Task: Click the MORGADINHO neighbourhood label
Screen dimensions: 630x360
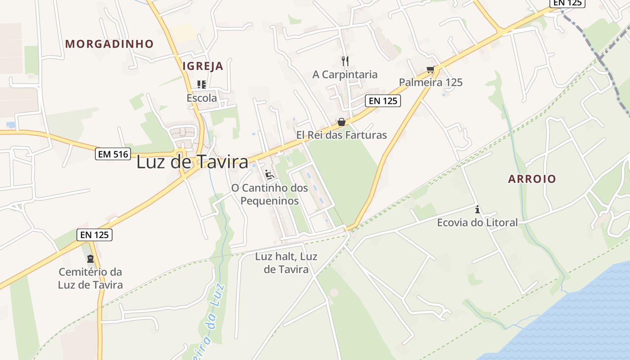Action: coord(109,44)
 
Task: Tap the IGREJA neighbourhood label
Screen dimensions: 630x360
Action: coord(202,66)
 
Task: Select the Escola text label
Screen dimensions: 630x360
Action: coord(202,98)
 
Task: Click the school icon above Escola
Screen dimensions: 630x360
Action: coord(202,84)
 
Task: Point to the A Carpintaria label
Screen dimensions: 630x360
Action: coord(345,74)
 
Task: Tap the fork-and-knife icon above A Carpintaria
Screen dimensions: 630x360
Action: coord(345,61)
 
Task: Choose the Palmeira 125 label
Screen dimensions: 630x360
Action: coord(431,82)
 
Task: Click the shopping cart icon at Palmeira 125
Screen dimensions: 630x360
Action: coord(431,69)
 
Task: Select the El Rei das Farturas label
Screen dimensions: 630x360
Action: coord(341,135)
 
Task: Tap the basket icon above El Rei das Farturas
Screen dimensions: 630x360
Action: coord(342,122)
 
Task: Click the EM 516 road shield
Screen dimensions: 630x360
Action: coord(113,154)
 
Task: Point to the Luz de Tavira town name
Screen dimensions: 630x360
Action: coord(192,162)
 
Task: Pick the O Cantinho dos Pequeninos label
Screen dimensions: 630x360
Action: coord(270,194)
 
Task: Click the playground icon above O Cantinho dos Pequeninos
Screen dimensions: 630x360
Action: coord(270,175)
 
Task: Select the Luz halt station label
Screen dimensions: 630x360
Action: coord(286,263)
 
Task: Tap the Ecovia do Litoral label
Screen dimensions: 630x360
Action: coord(477,222)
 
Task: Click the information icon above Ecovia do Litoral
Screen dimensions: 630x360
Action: coord(477,209)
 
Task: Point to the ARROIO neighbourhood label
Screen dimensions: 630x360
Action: coord(532,179)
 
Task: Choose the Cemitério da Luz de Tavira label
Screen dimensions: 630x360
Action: coord(90,278)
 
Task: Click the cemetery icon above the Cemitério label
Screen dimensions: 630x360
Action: coord(90,259)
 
